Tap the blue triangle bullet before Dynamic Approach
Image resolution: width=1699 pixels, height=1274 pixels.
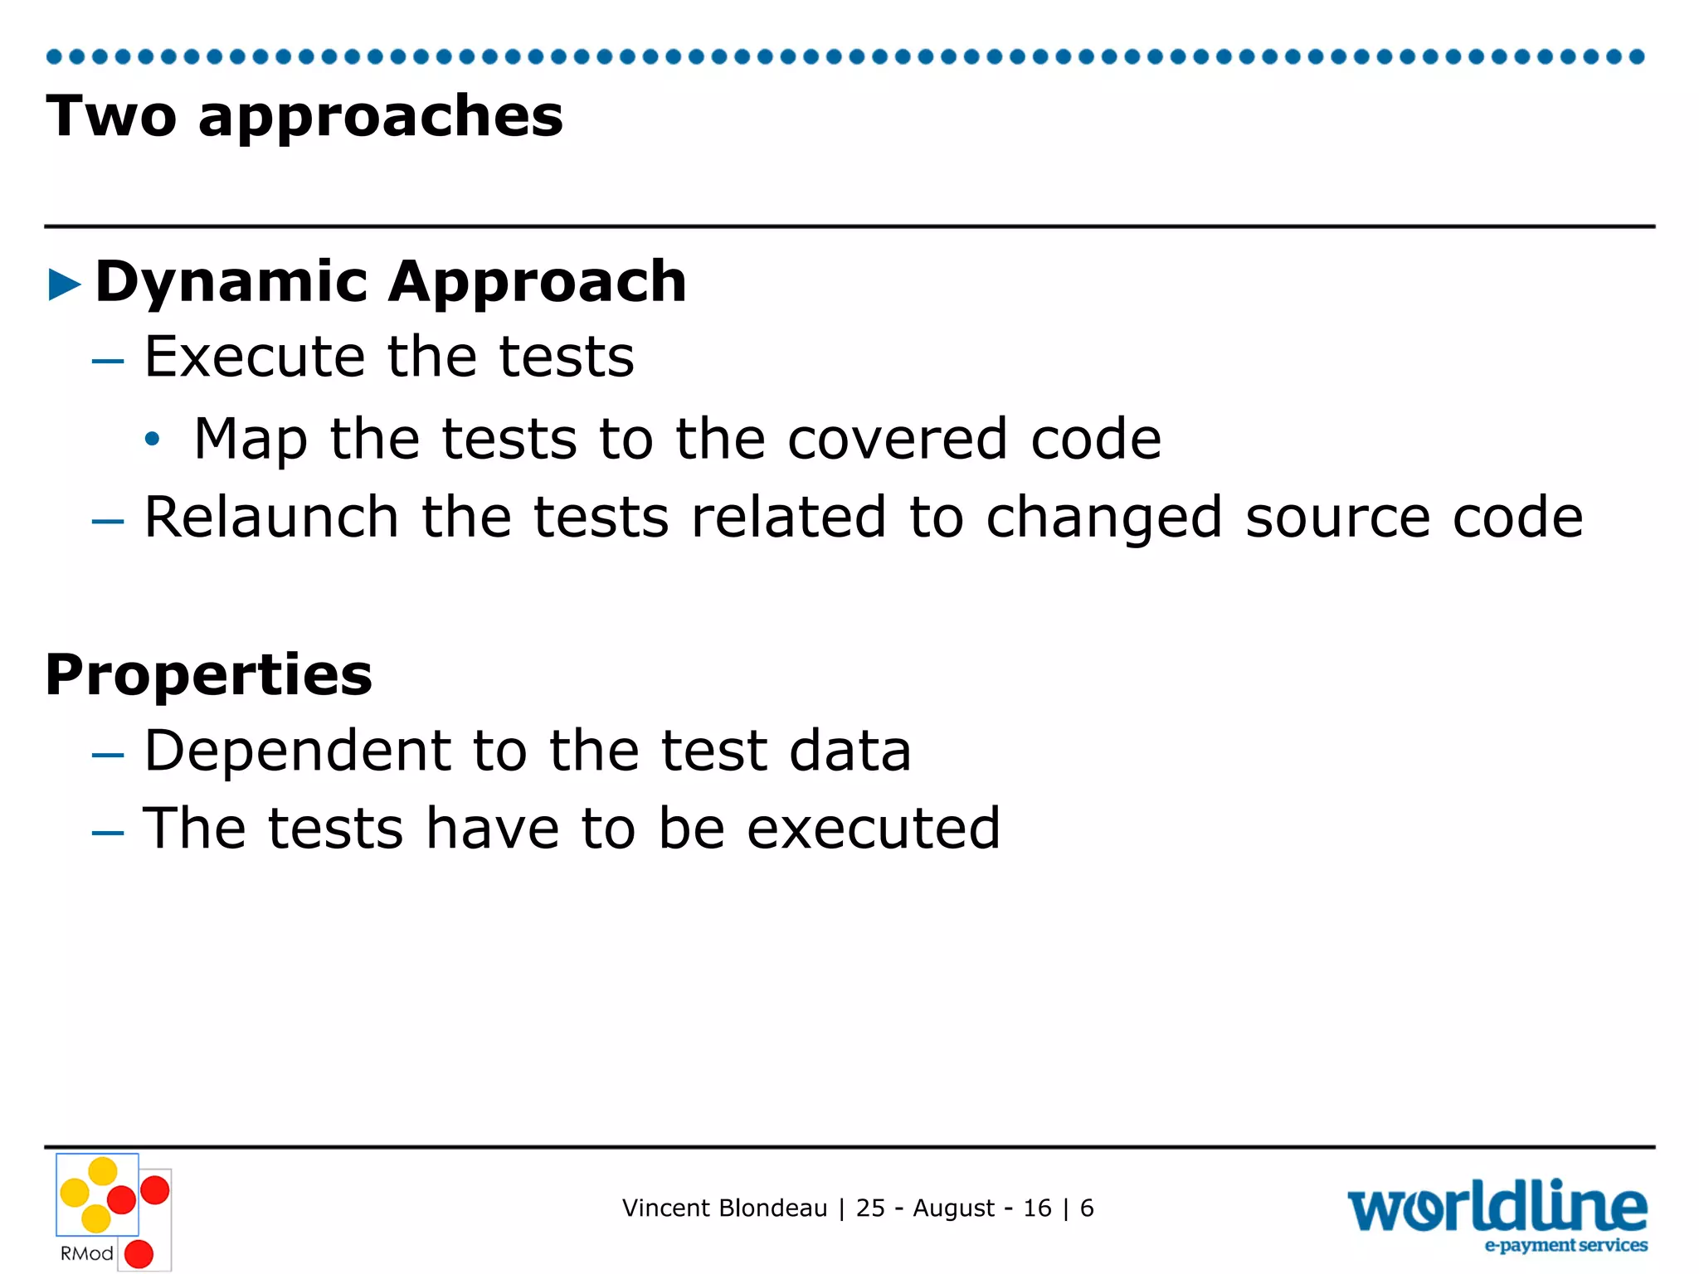click(65, 284)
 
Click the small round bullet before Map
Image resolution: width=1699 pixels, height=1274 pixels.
click(151, 439)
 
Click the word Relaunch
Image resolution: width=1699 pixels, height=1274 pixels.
click(271, 517)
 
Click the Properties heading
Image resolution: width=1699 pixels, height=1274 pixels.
click(209, 675)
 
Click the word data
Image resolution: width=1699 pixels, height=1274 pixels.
click(849, 751)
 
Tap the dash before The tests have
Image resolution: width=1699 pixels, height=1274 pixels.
click(108, 832)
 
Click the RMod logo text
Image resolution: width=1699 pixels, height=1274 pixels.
click(86, 1253)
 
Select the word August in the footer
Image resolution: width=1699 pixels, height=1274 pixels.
click(953, 1208)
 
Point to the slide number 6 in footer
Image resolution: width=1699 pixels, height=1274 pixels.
click(1087, 1208)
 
